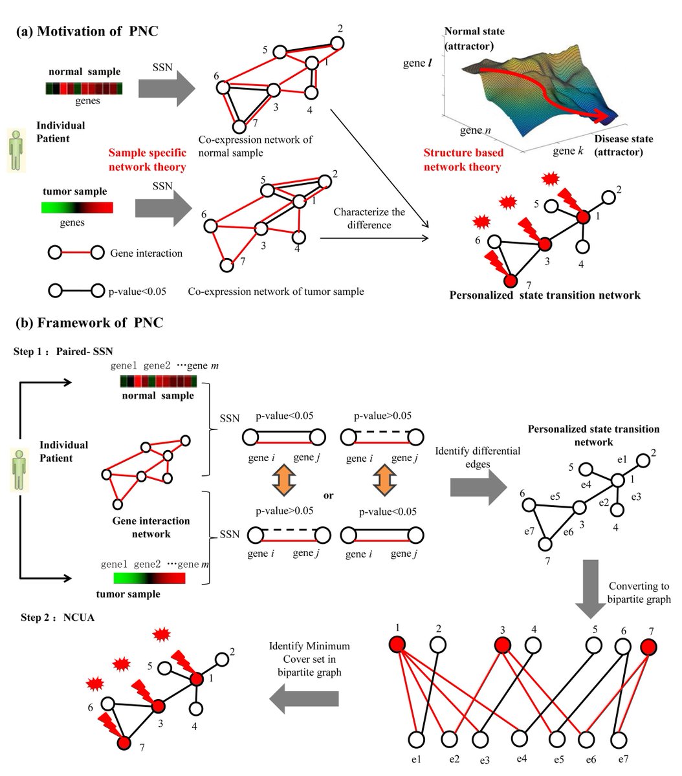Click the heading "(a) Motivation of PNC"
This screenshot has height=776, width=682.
pyautogui.click(x=87, y=32)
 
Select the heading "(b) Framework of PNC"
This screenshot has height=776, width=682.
pyautogui.click(x=89, y=323)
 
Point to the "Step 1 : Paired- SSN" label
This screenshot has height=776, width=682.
pyautogui.click(x=63, y=351)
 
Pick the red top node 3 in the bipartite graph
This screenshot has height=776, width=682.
pyautogui.click(x=502, y=645)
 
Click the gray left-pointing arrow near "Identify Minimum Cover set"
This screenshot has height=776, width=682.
pyautogui.click(x=304, y=698)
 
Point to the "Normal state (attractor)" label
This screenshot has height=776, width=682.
pyautogui.click(x=474, y=38)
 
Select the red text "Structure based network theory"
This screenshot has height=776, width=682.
pyautogui.click(x=462, y=160)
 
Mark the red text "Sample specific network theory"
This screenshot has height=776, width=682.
pyautogui.click(x=147, y=160)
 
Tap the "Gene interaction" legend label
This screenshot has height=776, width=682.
pyautogui.click(x=146, y=253)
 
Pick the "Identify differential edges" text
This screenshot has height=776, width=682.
pyautogui.click(x=478, y=457)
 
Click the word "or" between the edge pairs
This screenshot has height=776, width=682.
pyautogui.click(x=329, y=495)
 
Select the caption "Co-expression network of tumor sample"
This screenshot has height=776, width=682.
pyautogui.click(x=276, y=292)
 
